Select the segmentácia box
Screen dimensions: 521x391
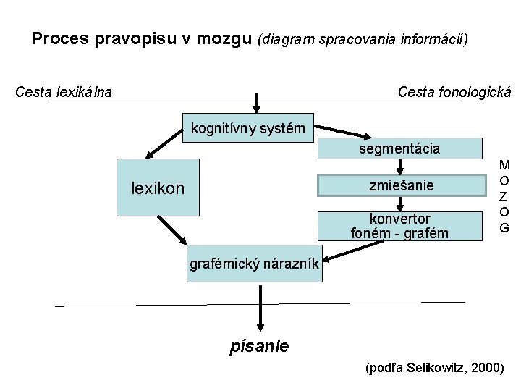click(x=400, y=148)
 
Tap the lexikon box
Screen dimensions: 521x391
click(x=158, y=188)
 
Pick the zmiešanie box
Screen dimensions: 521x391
click(x=400, y=185)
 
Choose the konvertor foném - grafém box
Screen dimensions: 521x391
click(x=400, y=225)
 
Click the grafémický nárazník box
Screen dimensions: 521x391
click(x=254, y=264)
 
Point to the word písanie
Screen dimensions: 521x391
click(x=259, y=346)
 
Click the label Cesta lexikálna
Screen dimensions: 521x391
click(x=64, y=92)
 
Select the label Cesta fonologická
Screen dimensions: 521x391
click(x=454, y=92)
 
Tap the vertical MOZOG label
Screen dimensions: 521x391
click(x=504, y=195)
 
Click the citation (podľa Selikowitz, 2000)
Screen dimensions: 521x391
click(x=435, y=368)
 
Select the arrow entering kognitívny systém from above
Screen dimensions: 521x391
click(x=255, y=102)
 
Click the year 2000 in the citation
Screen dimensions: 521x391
click(x=483, y=368)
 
